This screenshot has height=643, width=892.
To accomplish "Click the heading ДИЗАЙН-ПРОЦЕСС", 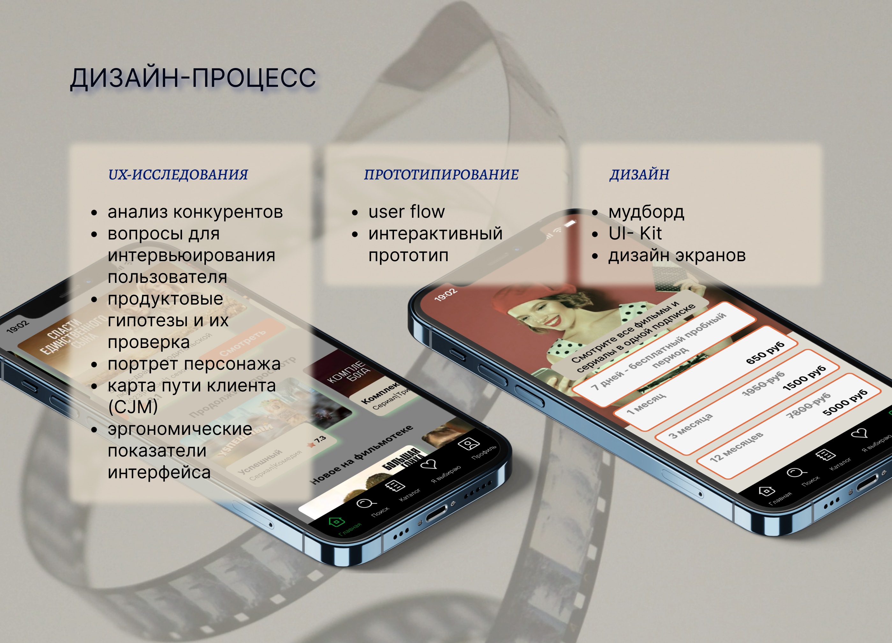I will (193, 78).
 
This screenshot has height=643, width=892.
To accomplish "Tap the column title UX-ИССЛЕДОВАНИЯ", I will (178, 174).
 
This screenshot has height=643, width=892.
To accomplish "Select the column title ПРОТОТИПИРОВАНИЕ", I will (441, 174).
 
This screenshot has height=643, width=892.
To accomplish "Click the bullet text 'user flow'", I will (406, 212).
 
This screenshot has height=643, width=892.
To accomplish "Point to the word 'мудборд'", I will (646, 212).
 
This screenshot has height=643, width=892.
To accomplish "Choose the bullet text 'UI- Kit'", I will (635, 233).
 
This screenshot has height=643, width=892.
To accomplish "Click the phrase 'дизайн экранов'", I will (677, 255).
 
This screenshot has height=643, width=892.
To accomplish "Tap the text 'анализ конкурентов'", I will (195, 212).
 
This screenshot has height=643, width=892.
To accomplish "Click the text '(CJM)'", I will (133, 407).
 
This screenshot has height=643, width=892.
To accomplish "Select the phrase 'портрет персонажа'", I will (194, 364).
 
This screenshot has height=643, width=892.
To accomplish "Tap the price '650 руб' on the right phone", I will (765, 353).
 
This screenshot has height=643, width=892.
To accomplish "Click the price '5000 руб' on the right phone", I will (844, 402).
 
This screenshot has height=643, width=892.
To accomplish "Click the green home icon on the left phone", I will (336, 522).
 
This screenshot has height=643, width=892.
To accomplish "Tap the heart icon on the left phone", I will (429, 465).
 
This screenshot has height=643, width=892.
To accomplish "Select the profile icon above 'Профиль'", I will (468, 444).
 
